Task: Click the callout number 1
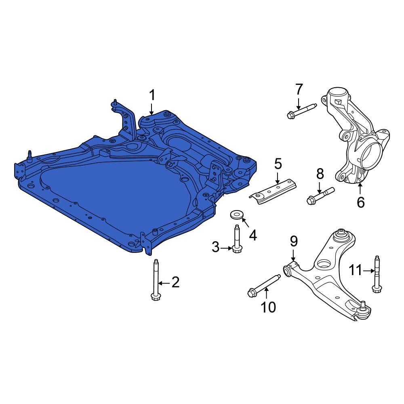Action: [152, 95]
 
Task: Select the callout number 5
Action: [278, 164]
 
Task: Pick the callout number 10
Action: [268, 307]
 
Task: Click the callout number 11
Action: [355, 270]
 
